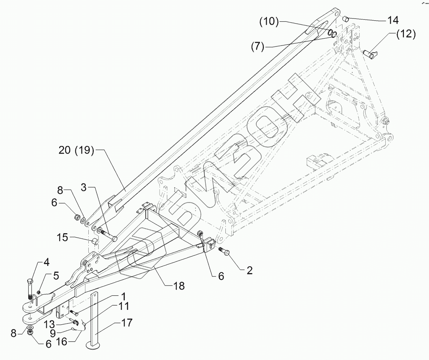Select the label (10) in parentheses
[x=269, y=22]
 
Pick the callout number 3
[x=84, y=187]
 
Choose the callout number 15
[x=63, y=238]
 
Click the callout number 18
[x=179, y=286]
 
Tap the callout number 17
[x=125, y=322]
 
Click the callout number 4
[x=47, y=262]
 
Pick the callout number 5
[x=56, y=275]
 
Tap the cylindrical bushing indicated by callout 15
[x=95, y=241]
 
